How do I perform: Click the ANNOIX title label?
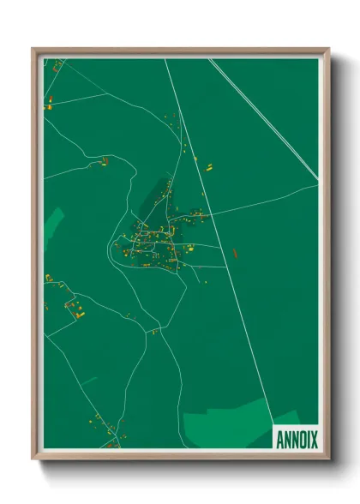tap(296, 439)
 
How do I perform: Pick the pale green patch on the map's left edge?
tap(52, 226)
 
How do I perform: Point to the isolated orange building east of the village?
tap(235, 253)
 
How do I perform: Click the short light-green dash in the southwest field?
tap(88, 380)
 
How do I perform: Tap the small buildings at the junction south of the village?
tap(155, 331)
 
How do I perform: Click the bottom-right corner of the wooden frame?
tap(329, 459)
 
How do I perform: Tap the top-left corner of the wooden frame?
tap(33, 49)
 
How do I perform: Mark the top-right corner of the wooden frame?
tap(329, 49)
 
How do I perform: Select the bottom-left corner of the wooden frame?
tap(33, 459)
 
